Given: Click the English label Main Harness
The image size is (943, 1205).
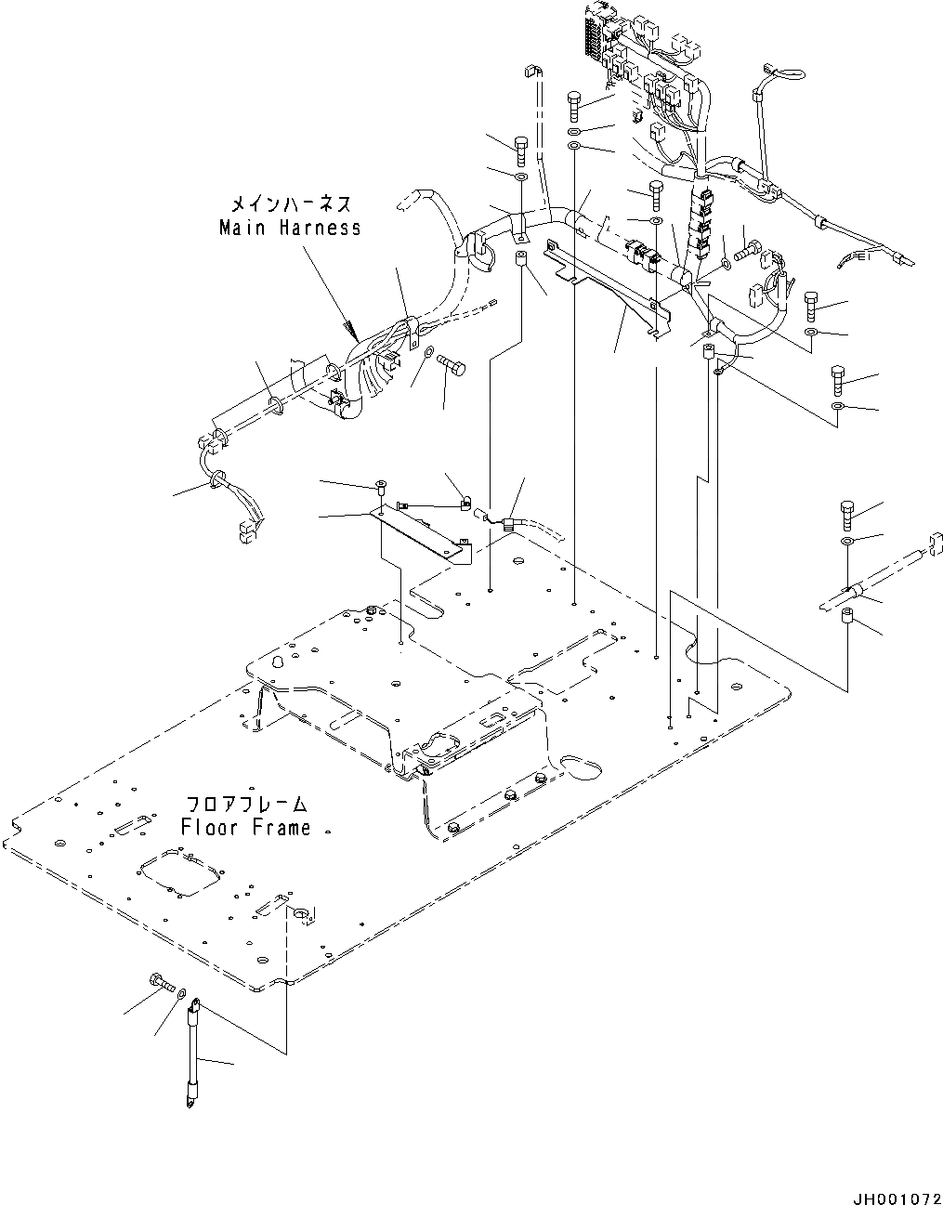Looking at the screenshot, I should click(x=289, y=228).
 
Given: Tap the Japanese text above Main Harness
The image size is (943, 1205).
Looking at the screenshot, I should click(x=291, y=203).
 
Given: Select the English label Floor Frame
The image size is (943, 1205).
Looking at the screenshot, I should click(x=245, y=827).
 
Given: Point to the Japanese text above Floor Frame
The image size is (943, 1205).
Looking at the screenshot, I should click(x=245, y=804).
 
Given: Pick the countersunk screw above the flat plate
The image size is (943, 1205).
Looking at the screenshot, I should click(x=382, y=485).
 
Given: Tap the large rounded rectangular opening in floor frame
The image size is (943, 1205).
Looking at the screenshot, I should click(x=182, y=873).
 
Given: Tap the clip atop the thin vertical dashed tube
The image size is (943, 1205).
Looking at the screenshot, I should click(x=534, y=72).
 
